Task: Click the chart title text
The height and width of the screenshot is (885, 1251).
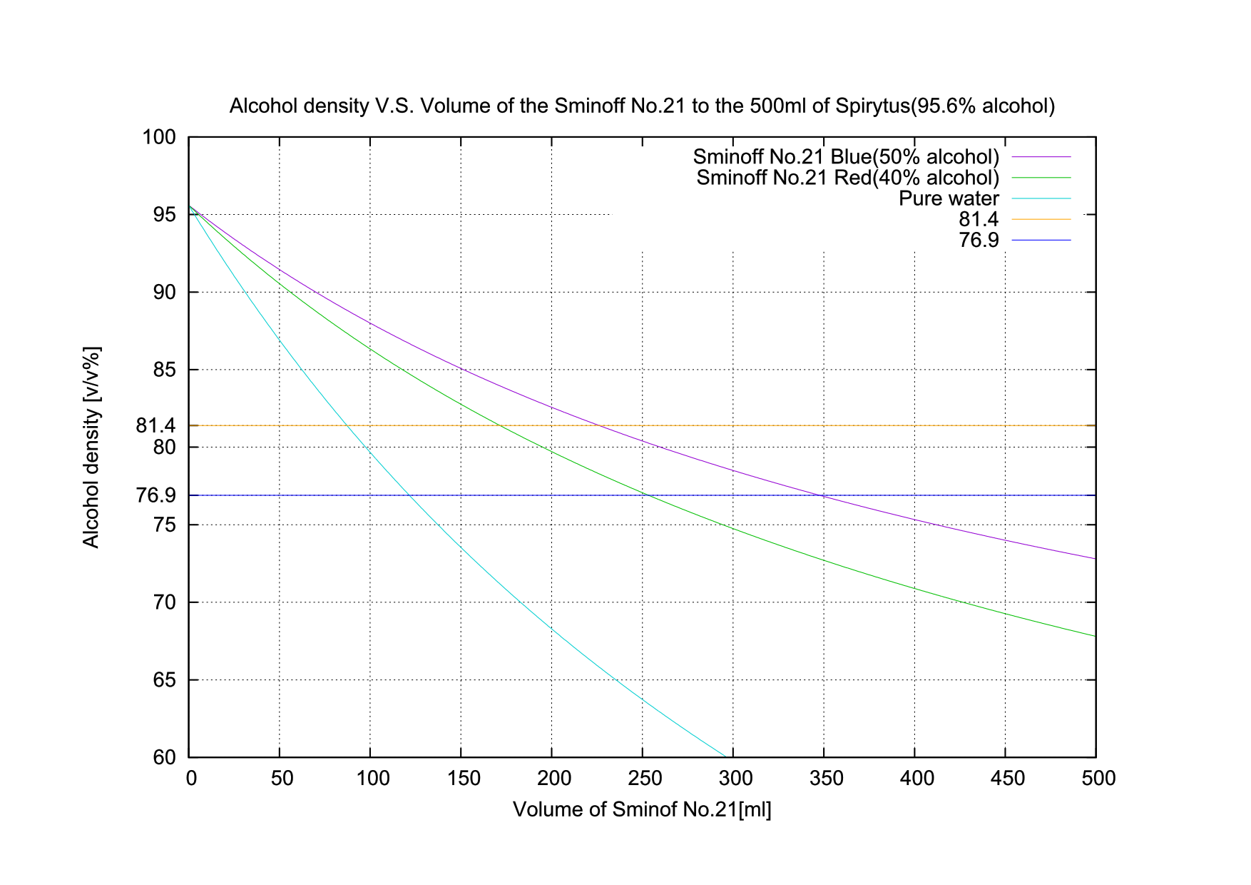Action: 642,106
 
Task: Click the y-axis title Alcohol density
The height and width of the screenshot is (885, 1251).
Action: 92,447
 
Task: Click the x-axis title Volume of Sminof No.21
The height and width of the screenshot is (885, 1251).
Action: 642,809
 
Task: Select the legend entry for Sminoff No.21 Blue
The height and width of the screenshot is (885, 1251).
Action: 846,157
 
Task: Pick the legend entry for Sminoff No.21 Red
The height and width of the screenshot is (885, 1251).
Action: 847,178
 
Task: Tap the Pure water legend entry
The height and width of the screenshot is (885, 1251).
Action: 949,198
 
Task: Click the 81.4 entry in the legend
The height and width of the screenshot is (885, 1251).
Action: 978,219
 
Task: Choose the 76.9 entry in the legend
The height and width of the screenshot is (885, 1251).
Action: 978,240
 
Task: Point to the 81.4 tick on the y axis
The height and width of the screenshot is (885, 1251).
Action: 155,425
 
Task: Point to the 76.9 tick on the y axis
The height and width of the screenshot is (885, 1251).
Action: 155,495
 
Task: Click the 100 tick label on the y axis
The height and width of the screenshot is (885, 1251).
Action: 159,137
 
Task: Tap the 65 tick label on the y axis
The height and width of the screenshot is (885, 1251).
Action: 164,680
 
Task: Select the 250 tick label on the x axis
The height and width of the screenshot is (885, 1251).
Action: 645,778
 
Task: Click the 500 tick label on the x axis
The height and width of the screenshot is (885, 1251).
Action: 1098,778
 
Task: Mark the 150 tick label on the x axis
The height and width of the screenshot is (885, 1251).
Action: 464,778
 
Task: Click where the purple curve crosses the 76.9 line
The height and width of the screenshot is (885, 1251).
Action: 823,495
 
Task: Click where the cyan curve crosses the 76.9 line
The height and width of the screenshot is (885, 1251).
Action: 409,495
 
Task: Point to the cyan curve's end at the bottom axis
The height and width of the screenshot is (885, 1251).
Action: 725,757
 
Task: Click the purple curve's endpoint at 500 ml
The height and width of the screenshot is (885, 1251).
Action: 1095,558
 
